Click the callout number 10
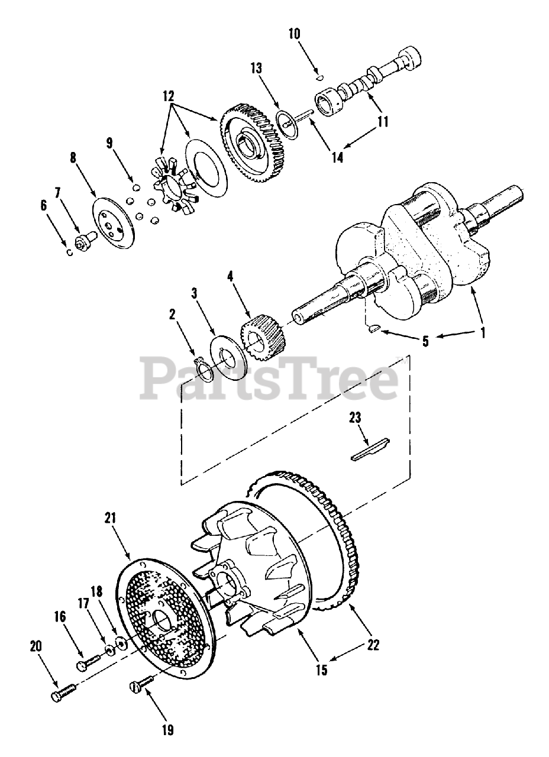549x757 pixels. [294, 34]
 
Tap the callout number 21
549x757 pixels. [111, 518]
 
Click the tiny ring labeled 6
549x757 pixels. [70, 253]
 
